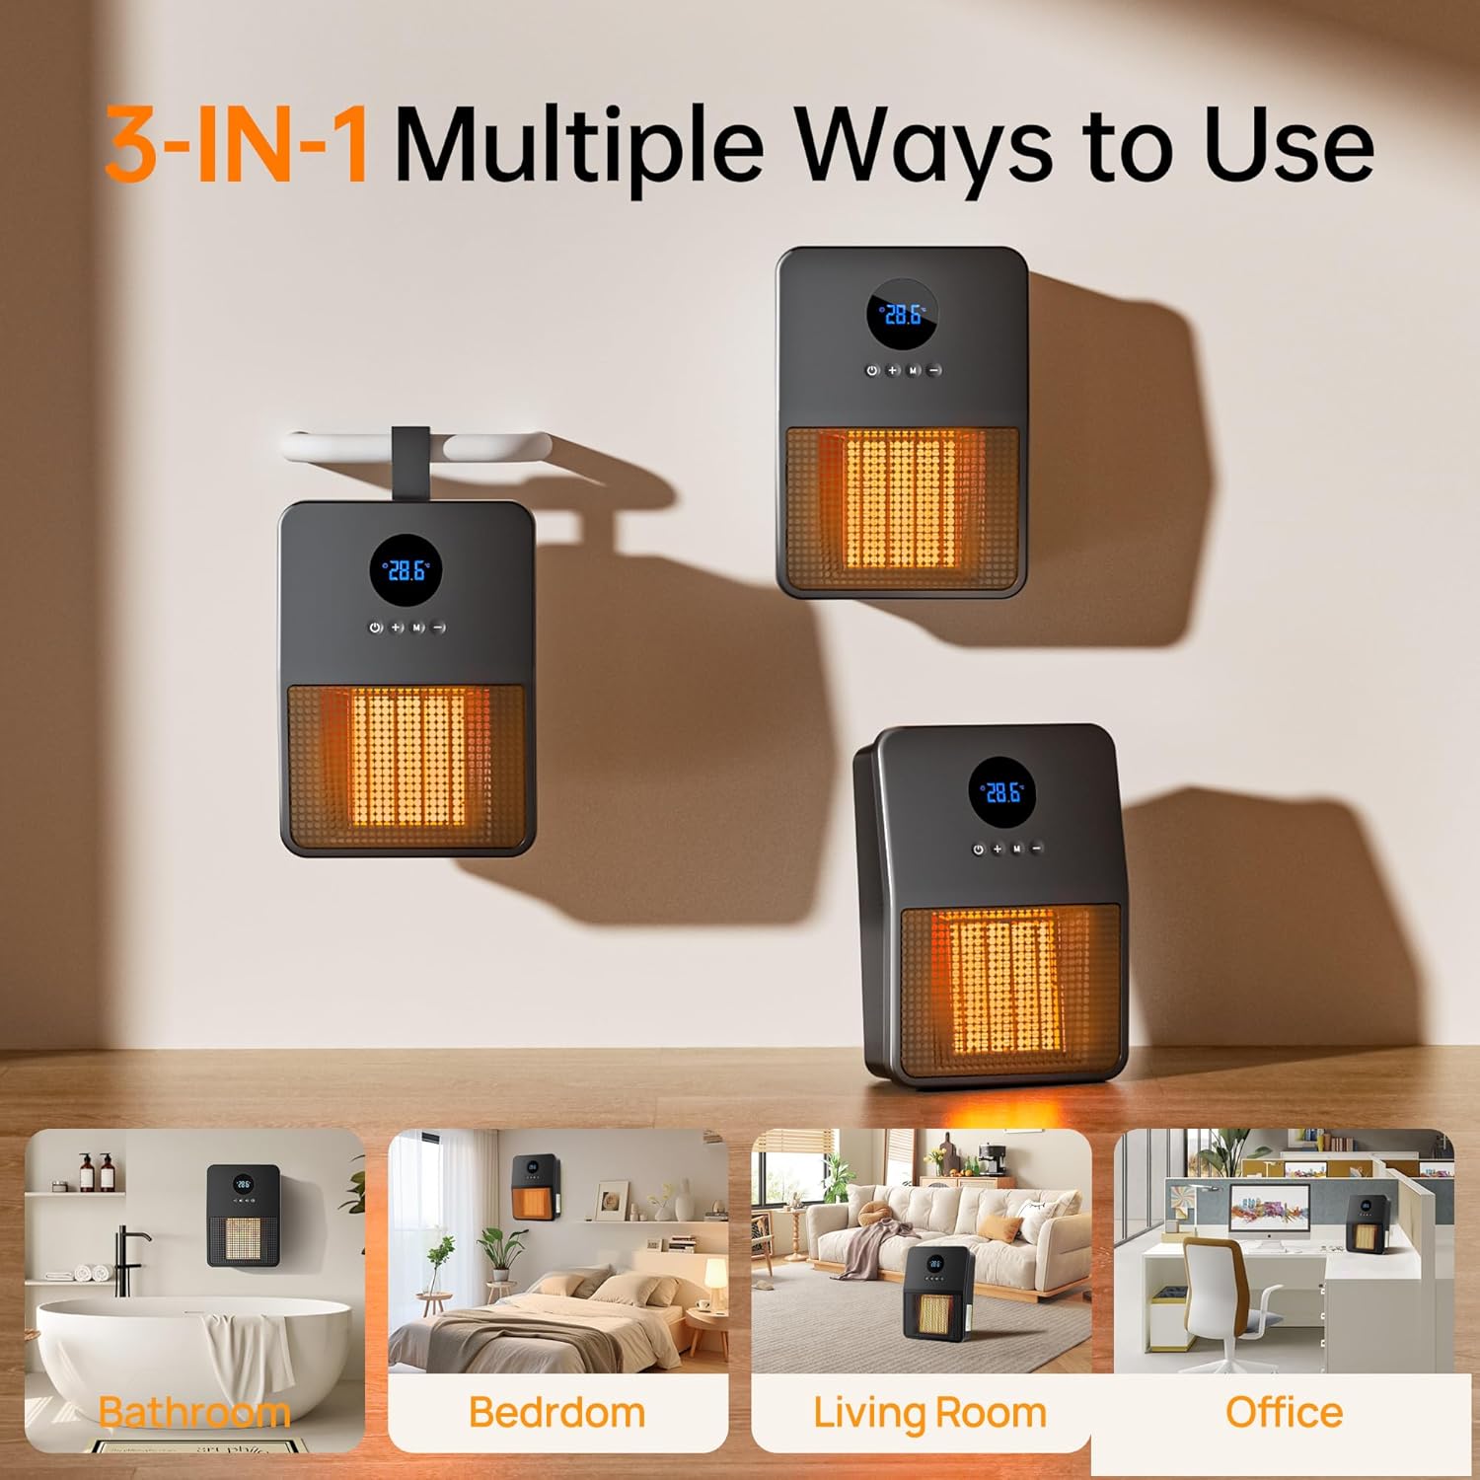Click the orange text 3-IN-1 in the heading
click(x=238, y=145)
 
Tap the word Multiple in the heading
click(x=580, y=148)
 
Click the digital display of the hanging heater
click(x=407, y=570)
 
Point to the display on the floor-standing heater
click(x=1002, y=792)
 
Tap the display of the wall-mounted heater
click(x=903, y=314)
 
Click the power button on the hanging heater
click(x=375, y=628)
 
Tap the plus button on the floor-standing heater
click(x=998, y=849)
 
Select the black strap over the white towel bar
click(x=410, y=464)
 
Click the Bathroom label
click(x=194, y=1412)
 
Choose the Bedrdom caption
click(x=556, y=1412)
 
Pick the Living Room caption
click(x=929, y=1413)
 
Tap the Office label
click(x=1284, y=1412)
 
